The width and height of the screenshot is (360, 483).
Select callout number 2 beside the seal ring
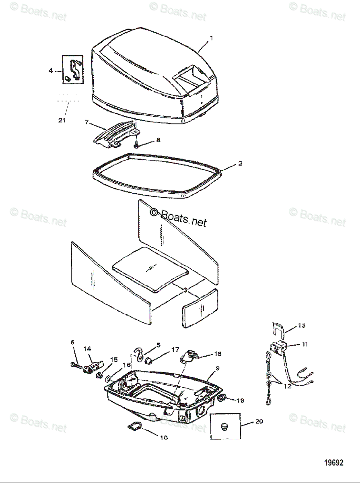click(x=240, y=163)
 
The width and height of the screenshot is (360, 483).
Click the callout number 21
click(x=62, y=120)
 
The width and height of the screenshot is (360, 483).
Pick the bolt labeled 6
click(x=76, y=365)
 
